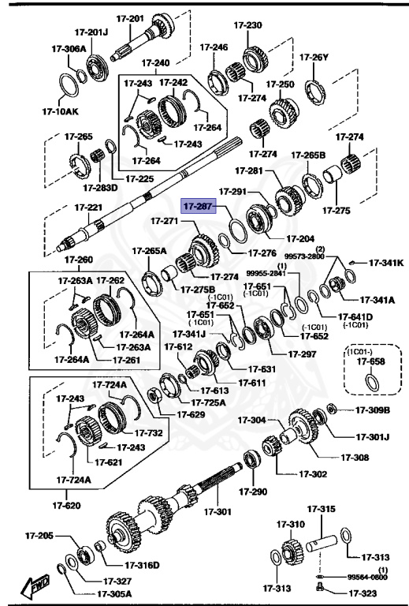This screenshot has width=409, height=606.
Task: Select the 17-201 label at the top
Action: click(x=130, y=18)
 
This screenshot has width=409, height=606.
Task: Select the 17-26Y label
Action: click(x=314, y=57)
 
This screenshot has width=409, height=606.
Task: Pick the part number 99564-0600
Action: click(x=367, y=578)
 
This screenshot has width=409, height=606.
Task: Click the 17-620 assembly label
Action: click(x=66, y=505)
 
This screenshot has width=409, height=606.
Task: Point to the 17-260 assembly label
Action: click(x=79, y=260)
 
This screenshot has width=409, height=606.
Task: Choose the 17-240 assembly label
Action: click(x=155, y=62)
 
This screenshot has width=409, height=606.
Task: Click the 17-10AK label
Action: click(x=60, y=111)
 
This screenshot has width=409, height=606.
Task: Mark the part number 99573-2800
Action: click(x=304, y=257)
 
